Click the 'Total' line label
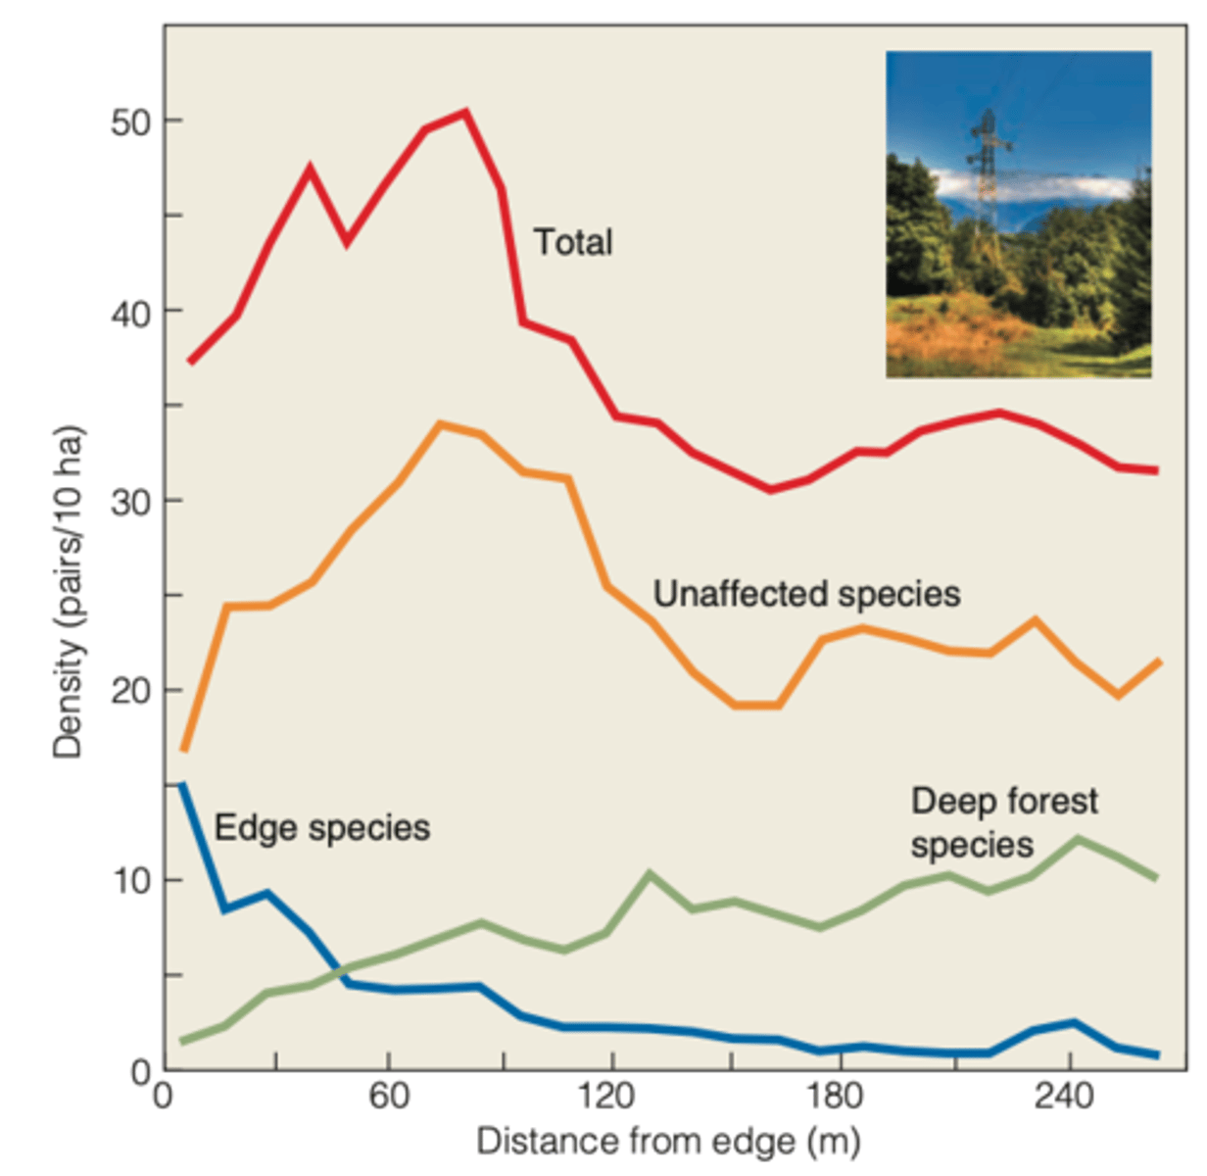coord(573,242)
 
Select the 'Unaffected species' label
coord(806,594)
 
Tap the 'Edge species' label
coord(321,828)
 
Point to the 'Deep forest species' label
coord(1003,823)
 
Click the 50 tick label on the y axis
coord(131,122)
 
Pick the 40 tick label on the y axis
coord(131,314)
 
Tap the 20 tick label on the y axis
coord(131,692)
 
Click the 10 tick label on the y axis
coord(131,881)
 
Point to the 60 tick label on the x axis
coord(389,1095)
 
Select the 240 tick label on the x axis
coord(1063,1095)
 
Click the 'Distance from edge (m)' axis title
coord(668,1142)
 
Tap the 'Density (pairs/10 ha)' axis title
coord(69,592)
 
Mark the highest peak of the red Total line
coord(465,112)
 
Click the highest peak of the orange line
coord(441,424)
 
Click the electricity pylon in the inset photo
coord(987,167)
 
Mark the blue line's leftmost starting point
coord(182,785)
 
